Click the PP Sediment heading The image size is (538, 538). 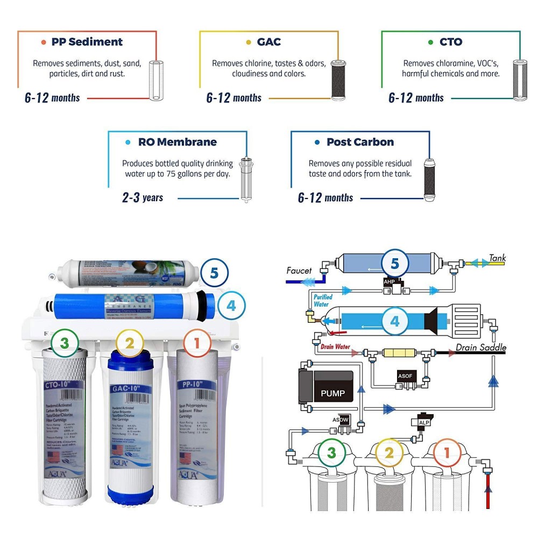coord(87,42)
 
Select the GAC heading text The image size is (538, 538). coord(268,42)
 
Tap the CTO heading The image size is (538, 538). coord(451,42)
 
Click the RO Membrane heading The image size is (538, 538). coord(177,142)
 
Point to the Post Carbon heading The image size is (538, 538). coord(360,142)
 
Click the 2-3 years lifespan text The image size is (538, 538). coord(143,197)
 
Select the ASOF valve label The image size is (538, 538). coord(405,376)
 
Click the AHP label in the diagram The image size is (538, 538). coord(390,281)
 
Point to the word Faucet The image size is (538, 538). coord(299,271)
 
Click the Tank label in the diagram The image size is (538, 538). coord(497,258)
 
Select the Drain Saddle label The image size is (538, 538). coord(481,348)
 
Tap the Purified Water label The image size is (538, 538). coord(323,300)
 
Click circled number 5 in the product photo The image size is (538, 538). coord(214,273)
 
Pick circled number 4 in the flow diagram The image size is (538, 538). coord(395,322)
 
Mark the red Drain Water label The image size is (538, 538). coord(336,346)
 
